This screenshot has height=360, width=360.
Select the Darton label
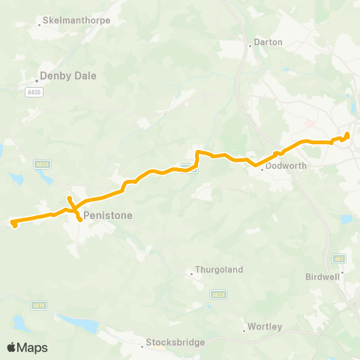coord(268,42)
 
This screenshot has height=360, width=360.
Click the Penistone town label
coord(108,215)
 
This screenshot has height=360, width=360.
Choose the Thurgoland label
coord(216,268)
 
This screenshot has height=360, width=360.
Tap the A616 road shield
coord(39,305)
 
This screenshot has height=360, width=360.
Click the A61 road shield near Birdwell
coord(340,259)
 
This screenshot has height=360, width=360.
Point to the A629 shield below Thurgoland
coord(217,295)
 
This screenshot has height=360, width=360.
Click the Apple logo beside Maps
coord(12,347)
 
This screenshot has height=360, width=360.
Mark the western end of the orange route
coord(13,222)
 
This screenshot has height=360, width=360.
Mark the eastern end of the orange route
coord(347,135)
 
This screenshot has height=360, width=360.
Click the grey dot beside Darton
coord(250,43)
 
